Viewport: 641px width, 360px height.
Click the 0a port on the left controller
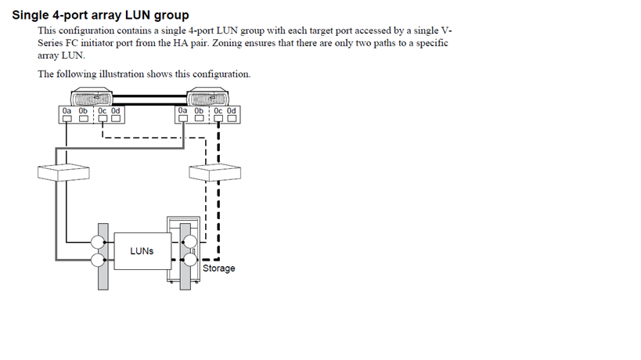click(x=67, y=118)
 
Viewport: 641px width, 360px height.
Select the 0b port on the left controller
click(x=84, y=118)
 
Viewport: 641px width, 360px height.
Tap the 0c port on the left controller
click(x=103, y=118)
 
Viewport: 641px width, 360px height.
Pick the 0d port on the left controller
click(x=116, y=118)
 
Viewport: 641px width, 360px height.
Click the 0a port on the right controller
click(x=182, y=118)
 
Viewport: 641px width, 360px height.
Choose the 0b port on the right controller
click(x=199, y=118)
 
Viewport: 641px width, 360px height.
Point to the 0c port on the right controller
click(x=218, y=118)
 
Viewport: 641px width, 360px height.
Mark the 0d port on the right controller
click(x=232, y=118)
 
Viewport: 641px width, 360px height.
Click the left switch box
click(x=63, y=172)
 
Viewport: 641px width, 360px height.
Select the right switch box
click(x=215, y=172)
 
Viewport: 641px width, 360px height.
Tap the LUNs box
click(x=142, y=251)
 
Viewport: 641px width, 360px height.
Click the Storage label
click(x=218, y=268)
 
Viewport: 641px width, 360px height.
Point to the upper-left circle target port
click(x=98, y=242)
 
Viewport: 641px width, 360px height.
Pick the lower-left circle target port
click(x=98, y=260)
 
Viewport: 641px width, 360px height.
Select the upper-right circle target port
click(x=190, y=242)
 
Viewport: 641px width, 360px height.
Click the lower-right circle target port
click(x=190, y=260)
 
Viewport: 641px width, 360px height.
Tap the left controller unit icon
click(x=92, y=97)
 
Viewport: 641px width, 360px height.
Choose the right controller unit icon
click(x=207, y=97)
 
